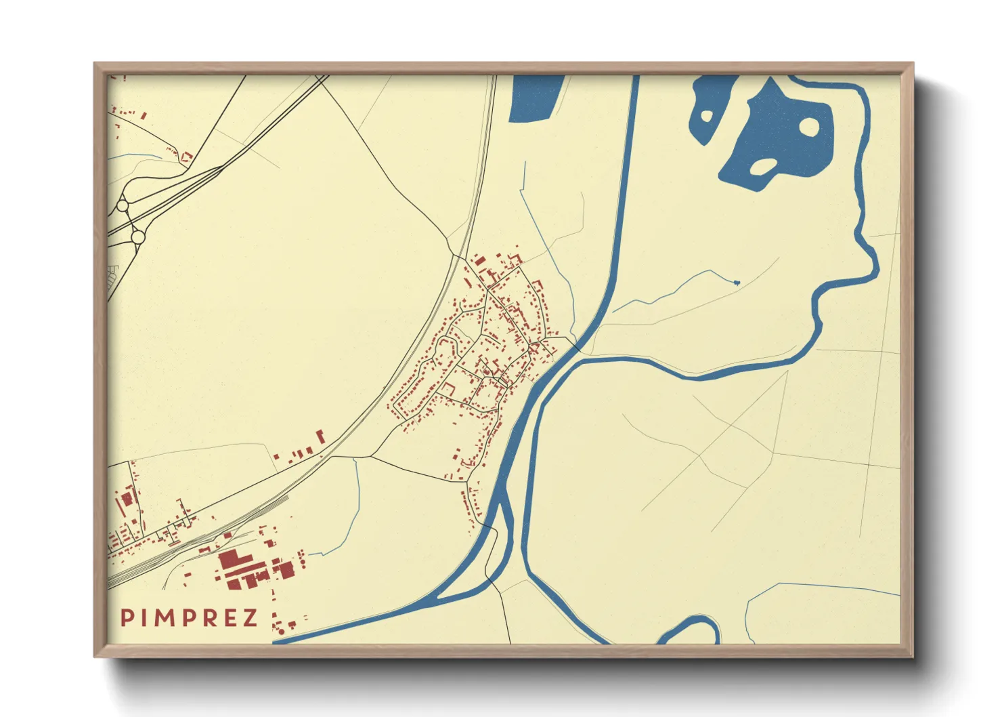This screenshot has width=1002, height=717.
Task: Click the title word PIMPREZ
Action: point(189,618)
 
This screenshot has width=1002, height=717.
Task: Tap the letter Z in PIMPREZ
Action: point(250,618)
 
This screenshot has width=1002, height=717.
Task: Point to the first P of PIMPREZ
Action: point(126,618)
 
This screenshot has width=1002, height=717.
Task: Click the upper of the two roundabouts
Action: point(123,205)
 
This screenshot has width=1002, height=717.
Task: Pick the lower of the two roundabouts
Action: point(137,237)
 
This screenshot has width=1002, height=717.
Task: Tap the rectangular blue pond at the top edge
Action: point(535,98)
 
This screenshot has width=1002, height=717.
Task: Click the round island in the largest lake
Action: point(810,126)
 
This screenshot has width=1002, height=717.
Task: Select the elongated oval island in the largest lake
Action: point(763,166)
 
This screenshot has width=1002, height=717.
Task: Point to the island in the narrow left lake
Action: point(706,116)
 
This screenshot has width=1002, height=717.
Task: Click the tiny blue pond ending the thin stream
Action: point(737,281)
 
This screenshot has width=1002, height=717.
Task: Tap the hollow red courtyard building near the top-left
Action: point(187,157)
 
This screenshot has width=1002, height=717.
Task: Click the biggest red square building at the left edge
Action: point(127,499)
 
